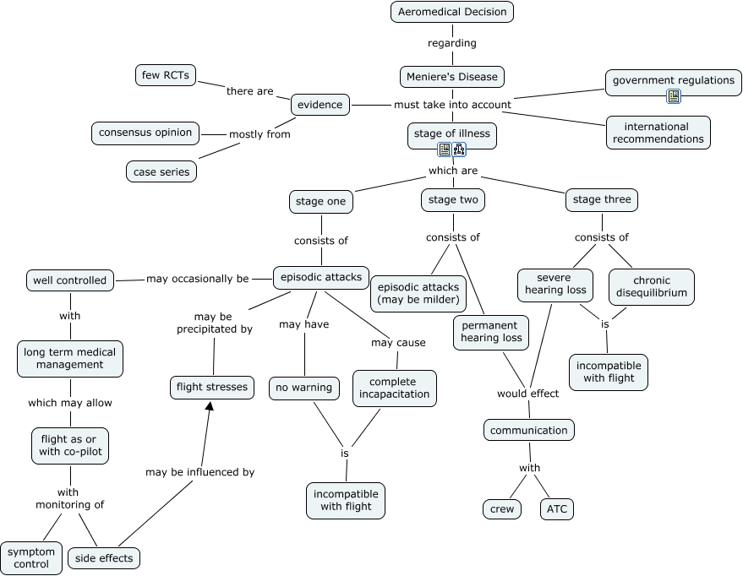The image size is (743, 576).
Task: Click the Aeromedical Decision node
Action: pos(452,12)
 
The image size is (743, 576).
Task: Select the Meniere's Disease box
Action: pos(452,77)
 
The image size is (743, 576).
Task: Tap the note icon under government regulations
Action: pos(674,96)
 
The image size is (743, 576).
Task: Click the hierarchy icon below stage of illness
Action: pos(459,149)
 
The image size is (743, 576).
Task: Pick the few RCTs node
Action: pos(166,75)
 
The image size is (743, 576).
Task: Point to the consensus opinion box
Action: pos(145,133)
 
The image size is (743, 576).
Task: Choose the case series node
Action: pos(161,171)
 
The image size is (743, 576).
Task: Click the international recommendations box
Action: pos(658,133)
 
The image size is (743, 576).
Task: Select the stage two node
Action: pos(453,200)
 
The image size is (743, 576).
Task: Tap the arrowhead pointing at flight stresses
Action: pos(209,405)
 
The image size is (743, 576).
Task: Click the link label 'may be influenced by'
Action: pos(200,472)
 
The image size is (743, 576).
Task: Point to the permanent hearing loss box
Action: pos(491,333)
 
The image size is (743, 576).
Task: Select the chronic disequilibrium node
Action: pos(652,287)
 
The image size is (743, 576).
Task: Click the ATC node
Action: pos(557,509)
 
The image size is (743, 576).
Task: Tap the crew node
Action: pos(502,509)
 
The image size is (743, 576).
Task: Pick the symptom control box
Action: pos(31,558)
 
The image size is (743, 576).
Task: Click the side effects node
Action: pos(104,558)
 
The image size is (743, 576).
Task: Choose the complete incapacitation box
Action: pos(394,389)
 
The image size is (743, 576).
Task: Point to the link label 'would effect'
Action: pos(527,394)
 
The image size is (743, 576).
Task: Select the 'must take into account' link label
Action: pos(452,105)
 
